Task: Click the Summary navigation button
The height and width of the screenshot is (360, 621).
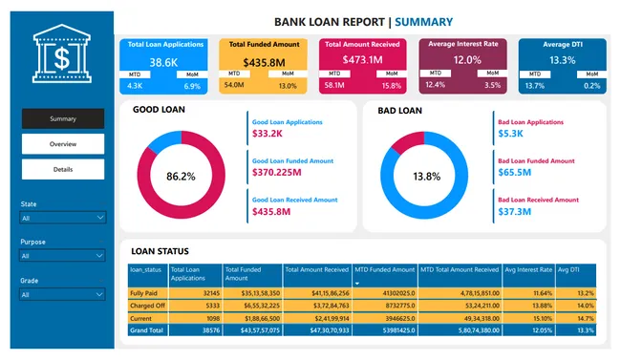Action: (x=63, y=119)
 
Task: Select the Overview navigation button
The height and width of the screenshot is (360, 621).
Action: (x=63, y=144)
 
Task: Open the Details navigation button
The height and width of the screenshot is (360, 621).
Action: (x=63, y=169)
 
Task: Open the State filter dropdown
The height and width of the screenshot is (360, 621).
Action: (x=63, y=218)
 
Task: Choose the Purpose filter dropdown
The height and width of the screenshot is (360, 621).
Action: (x=63, y=256)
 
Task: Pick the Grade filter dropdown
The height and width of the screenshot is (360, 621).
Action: (x=63, y=294)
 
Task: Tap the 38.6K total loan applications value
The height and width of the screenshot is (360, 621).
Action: (x=163, y=62)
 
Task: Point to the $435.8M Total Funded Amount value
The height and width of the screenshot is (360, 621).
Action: (x=264, y=62)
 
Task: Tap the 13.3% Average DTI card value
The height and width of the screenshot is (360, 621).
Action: (x=563, y=60)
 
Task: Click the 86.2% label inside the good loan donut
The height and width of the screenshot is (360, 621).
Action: (x=181, y=177)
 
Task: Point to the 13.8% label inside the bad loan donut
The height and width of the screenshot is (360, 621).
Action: (x=425, y=177)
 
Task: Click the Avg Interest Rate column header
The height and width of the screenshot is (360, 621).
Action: (x=527, y=270)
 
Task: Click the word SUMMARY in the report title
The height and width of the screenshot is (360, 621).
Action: (x=423, y=21)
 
